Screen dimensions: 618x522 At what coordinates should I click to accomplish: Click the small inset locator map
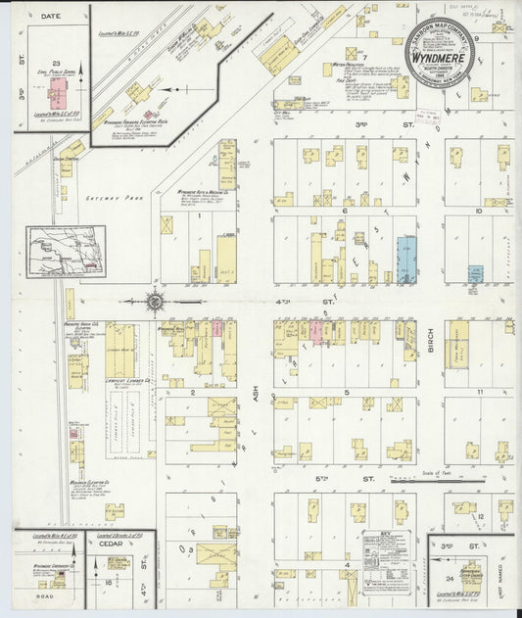pos(67,250)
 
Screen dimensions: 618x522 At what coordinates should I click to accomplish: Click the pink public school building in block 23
pos(58,94)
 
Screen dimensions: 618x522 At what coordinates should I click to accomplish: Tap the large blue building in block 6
pos(405,259)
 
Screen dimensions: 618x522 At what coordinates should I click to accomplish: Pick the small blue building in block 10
pos(474,271)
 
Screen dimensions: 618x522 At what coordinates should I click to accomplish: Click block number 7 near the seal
pos(363,58)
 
